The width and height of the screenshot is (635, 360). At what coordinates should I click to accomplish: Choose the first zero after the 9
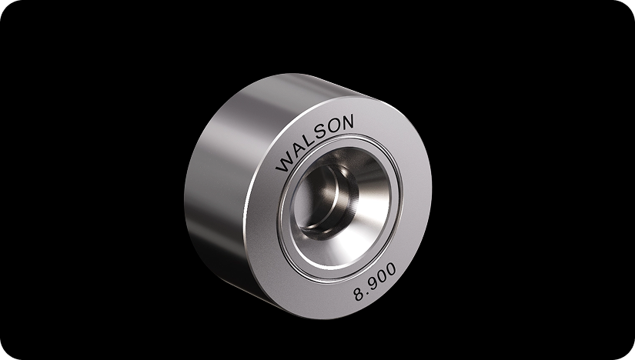point(388,283)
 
